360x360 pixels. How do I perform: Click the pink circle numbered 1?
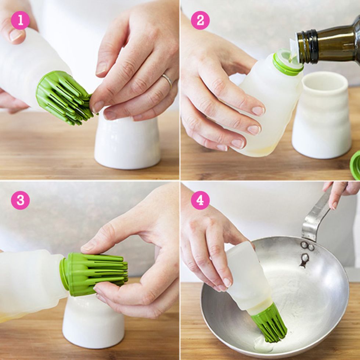pyautogui.click(x=21, y=20)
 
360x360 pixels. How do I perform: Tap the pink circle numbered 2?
pyautogui.click(x=200, y=20)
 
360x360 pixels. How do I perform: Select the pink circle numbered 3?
pyautogui.click(x=21, y=200)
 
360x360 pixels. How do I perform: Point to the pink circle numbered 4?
pyautogui.click(x=200, y=200)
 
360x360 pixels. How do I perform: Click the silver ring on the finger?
pyautogui.click(x=168, y=80)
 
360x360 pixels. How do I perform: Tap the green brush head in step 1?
pyautogui.click(x=64, y=98)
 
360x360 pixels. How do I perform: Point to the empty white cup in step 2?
pyautogui.click(x=321, y=115)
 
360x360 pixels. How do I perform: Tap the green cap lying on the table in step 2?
pyautogui.click(x=356, y=165)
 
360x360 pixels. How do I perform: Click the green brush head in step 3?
pyautogui.click(x=94, y=274)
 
